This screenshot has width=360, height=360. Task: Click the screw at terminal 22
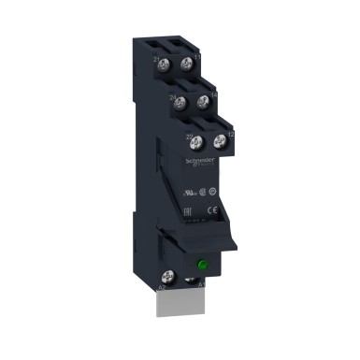click(199, 142)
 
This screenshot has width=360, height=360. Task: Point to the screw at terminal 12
click(221, 140)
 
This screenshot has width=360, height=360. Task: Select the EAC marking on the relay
click(213, 198)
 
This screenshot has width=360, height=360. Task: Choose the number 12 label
click(234, 136)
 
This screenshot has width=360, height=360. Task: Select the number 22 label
click(190, 137)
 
